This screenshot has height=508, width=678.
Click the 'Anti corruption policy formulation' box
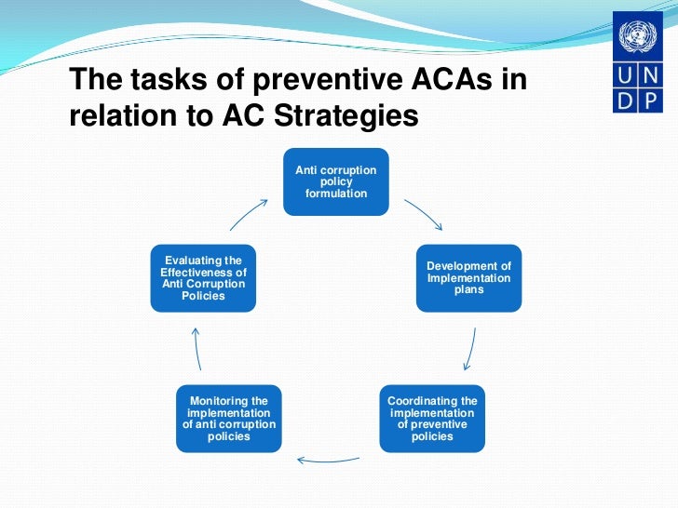click(336, 181)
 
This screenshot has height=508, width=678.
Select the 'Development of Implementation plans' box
click(468, 277)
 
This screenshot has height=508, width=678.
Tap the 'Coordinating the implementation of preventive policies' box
click(432, 419)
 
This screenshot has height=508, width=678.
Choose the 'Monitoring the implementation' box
click(229, 419)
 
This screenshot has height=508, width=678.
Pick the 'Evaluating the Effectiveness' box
click(203, 277)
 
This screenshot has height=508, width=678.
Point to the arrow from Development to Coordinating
click(471, 349)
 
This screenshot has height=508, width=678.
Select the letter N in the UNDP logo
click(650, 75)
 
